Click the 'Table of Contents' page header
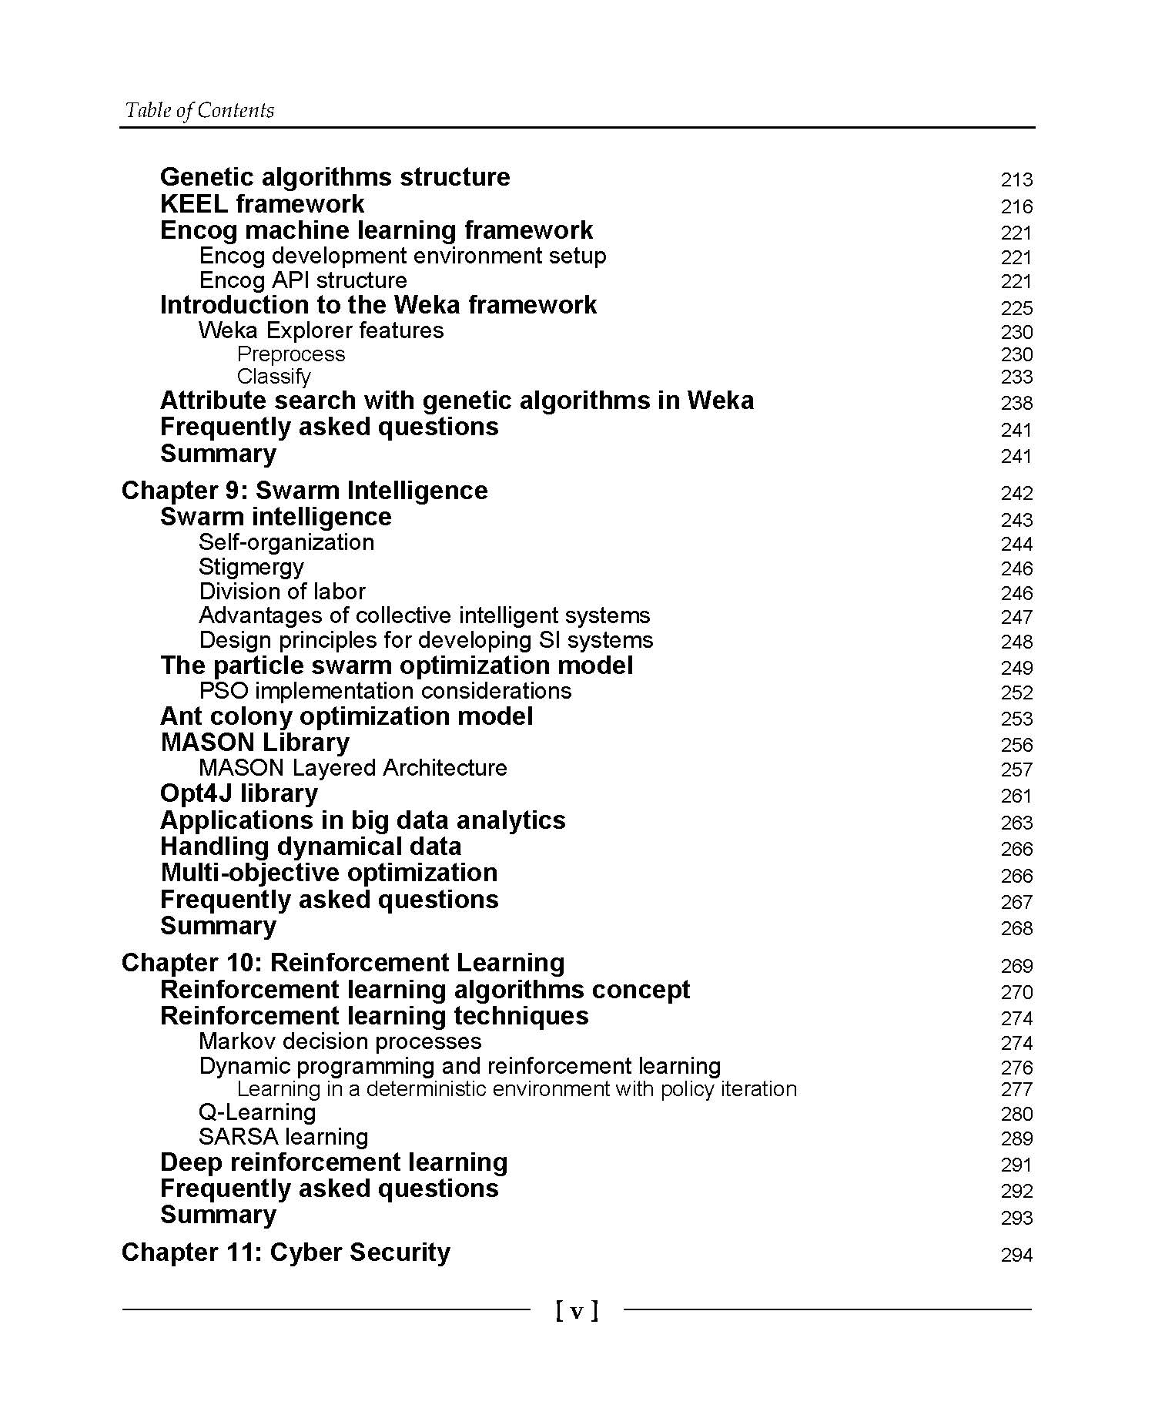click(199, 111)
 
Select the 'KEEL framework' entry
click(262, 204)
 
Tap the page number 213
click(1016, 179)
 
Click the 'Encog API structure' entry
click(303, 280)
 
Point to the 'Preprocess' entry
click(291, 354)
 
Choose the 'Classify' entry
click(274, 377)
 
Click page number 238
click(1016, 403)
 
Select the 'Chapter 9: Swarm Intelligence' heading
click(304, 491)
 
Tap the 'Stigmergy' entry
click(251, 567)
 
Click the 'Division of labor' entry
click(282, 592)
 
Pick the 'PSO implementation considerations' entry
click(385, 691)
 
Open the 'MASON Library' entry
click(255, 743)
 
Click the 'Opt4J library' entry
click(239, 793)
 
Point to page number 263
click(1016, 823)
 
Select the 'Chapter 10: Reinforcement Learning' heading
click(343, 963)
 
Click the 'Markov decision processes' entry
click(340, 1041)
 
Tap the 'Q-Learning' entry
click(257, 1112)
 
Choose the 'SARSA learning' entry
click(283, 1137)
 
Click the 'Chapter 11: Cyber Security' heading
click(286, 1252)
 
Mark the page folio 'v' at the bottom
click(577, 1311)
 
